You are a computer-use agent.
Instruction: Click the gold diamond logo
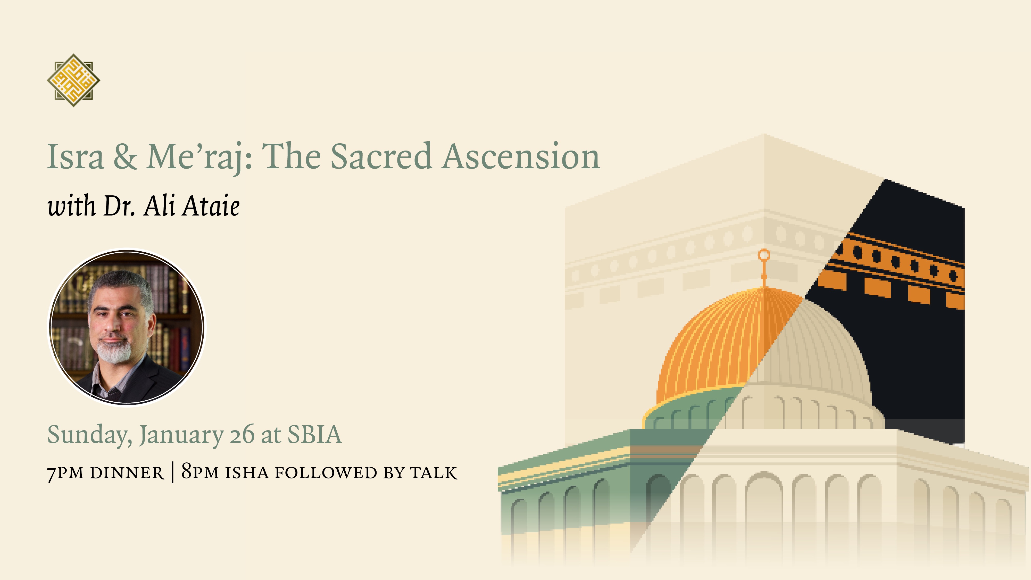(73, 80)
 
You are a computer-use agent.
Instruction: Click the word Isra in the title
(76, 156)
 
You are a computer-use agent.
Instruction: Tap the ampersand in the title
(125, 156)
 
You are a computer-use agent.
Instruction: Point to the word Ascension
(521, 156)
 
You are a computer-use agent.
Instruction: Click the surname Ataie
(211, 206)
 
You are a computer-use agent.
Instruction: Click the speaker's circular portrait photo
(127, 327)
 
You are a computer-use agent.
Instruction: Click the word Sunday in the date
(90, 435)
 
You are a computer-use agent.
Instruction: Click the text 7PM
(65, 473)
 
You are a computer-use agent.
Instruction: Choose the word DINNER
(127, 473)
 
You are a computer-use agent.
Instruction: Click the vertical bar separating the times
(172, 472)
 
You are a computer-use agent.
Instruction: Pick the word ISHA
(247, 473)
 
